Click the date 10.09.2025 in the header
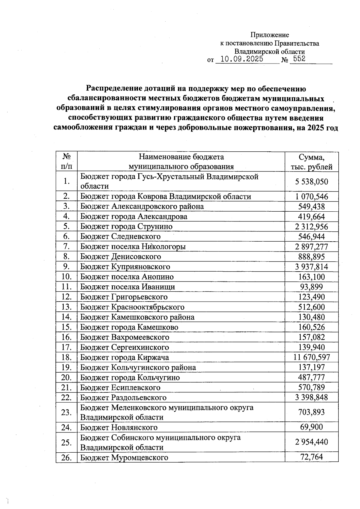click(241, 59)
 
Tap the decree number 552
click(299, 59)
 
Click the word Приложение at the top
click(270, 35)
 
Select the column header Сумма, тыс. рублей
click(311, 162)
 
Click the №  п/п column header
click(67, 162)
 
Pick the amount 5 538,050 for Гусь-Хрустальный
click(311, 182)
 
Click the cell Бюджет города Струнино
click(126, 226)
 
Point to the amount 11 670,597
click(311, 357)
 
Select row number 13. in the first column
click(67, 307)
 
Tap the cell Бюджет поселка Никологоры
click(133, 246)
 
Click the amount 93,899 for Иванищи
click(311, 287)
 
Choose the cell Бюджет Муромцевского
click(124, 457)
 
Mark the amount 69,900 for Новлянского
click(311, 427)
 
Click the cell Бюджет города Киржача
click(124, 357)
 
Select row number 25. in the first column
click(67, 442)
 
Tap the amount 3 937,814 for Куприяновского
click(311, 267)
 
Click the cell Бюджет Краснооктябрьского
click(132, 307)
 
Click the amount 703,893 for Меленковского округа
click(311, 412)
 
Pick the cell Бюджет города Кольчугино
click(130, 377)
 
